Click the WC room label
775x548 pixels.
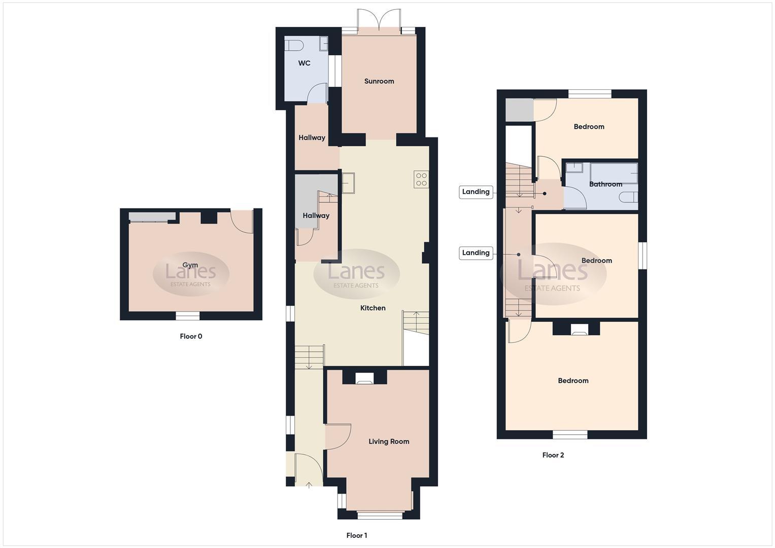coord(304,63)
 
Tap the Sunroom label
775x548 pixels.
coord(379,81)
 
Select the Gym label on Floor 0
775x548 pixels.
coord(190,265)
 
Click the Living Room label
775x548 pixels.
coord(389,441)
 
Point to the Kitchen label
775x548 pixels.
coord(373,308)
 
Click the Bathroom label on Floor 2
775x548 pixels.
coord(605,184)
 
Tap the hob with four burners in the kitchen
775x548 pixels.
coord(421,179)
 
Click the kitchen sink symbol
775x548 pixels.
coord(349,183)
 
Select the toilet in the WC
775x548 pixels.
coord(293,45)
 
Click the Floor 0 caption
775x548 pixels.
coord(191,336)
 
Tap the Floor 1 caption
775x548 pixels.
coord(357,535)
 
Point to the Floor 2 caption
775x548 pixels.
coord(553,455)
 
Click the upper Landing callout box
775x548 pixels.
coord(476,192)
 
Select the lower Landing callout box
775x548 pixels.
coord(476,253)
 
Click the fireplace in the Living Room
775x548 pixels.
coord(364,378)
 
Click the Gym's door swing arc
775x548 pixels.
coord(243,222)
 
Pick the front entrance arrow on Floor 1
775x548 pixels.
coord(309,486)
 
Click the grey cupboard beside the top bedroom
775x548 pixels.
coord(519,110)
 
